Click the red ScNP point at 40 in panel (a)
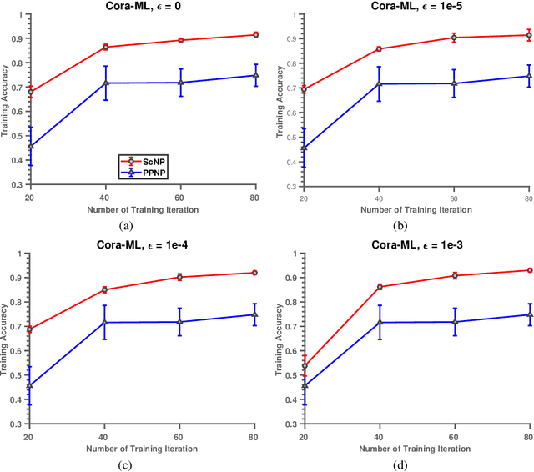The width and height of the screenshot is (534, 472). tap(105, 47)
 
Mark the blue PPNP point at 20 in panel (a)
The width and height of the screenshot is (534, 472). tap(31, 147)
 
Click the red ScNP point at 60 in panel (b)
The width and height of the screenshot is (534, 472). tap(454, 38)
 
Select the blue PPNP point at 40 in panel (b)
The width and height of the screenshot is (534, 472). tap(379, 83)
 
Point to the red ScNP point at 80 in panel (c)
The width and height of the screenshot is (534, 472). tap(254, 273)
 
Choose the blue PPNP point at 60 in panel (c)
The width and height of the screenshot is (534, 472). tap(180, 322)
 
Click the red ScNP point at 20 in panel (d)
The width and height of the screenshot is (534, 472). tap(305, 365)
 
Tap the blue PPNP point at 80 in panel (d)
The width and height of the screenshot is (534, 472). tap(528, 314)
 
